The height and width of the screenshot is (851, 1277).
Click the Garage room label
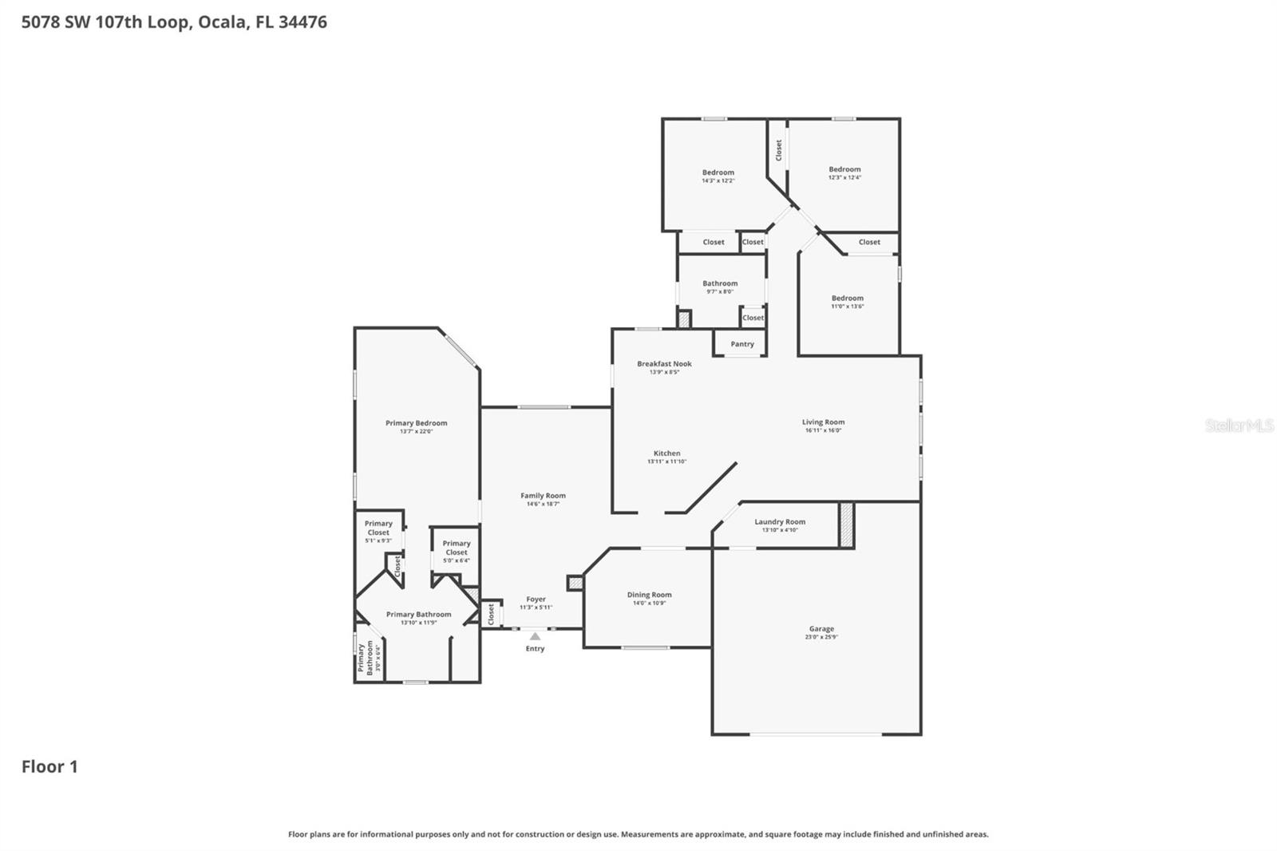821,629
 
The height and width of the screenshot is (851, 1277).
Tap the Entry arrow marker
535,636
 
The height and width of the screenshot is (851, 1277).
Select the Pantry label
742,344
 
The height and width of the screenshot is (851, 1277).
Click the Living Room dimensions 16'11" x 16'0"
823,430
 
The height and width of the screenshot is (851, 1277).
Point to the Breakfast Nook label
664,364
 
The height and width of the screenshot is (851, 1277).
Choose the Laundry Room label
780,522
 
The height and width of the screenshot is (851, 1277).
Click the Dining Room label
649,595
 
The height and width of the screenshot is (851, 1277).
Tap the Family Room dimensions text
543,504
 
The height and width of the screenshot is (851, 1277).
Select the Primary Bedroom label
416,423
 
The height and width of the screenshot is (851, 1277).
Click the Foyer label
536,599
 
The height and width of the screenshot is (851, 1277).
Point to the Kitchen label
666,453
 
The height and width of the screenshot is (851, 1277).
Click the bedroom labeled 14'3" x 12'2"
718,172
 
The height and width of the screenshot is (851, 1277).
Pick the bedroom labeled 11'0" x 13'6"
847,299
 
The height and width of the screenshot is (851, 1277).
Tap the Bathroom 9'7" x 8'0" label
720,283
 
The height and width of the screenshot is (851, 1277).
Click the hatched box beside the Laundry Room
846,524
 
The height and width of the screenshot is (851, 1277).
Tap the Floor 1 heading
49,766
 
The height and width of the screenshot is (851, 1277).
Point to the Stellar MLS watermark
1239,425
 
